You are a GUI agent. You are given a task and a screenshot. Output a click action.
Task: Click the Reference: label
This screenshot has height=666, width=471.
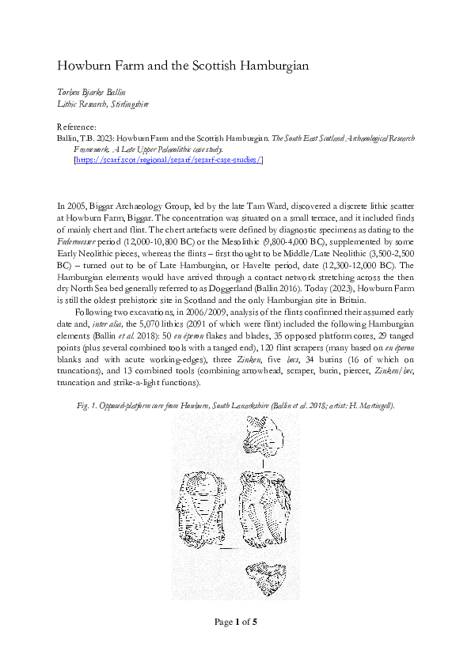78,127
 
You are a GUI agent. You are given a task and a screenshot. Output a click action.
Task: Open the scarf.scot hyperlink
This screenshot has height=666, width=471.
168,159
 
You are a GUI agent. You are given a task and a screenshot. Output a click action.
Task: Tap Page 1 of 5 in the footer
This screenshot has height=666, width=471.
235,622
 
